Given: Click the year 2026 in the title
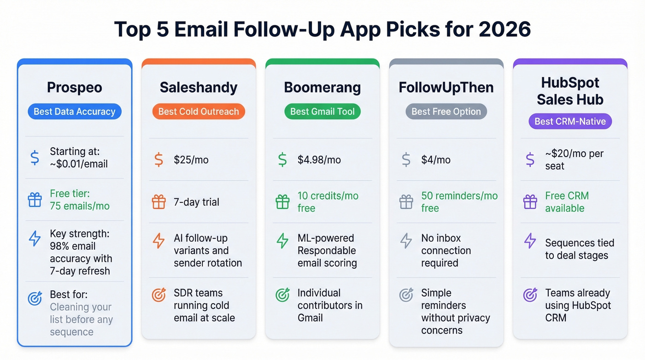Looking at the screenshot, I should click(x=504, y=30).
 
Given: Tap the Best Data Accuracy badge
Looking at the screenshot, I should click(x=75, y=112).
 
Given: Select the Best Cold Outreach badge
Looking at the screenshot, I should click(x=199, y=112).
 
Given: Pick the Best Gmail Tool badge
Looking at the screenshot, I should click(x=322, y=112).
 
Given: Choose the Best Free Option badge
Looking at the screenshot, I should click(x=446, y=112).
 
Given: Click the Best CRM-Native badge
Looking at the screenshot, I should click(x=570, y=122).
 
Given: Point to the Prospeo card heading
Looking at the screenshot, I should click(x=75, y=88).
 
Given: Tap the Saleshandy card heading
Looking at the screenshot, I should click(x=199, y=88).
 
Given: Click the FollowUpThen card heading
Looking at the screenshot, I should click(x=446, y=88).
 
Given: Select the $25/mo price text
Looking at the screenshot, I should click(x=191, y=160).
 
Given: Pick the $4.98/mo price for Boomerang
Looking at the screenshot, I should click(x=319, y=160).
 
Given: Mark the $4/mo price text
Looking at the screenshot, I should click(x=436, y=160).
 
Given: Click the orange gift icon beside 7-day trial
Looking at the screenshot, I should click(x=158, y=202).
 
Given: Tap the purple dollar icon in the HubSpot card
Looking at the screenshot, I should click(x=530, y=160).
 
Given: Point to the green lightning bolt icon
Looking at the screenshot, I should click(x=282, y=241).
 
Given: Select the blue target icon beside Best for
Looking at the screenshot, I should click(x=35, y=298).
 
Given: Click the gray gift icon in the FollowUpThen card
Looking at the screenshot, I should click(x=406, y=202).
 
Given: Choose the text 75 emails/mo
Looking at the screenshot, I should click(x=80, y=206).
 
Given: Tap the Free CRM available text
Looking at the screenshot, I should click(x=567, y=202).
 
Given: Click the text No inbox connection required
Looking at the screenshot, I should click(x=446, y=251).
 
